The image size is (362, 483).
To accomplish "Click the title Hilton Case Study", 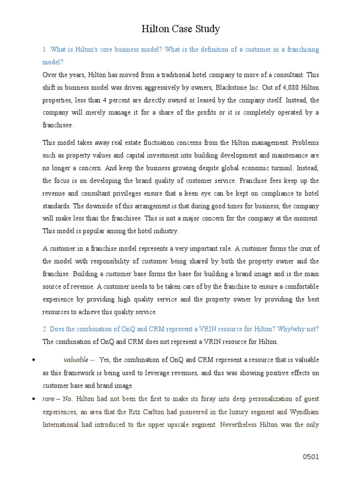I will (x=181, y=29).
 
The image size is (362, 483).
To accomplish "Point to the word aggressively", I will (x=161, y=87).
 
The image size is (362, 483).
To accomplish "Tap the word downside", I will (x=123, y=206).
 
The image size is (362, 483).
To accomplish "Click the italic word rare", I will (x=48, y=399).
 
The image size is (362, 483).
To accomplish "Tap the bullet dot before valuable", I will (x=34, y=360).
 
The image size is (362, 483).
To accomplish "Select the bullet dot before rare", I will (x=34, y=399).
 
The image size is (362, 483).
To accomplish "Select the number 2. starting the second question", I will (x=45, y=329).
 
